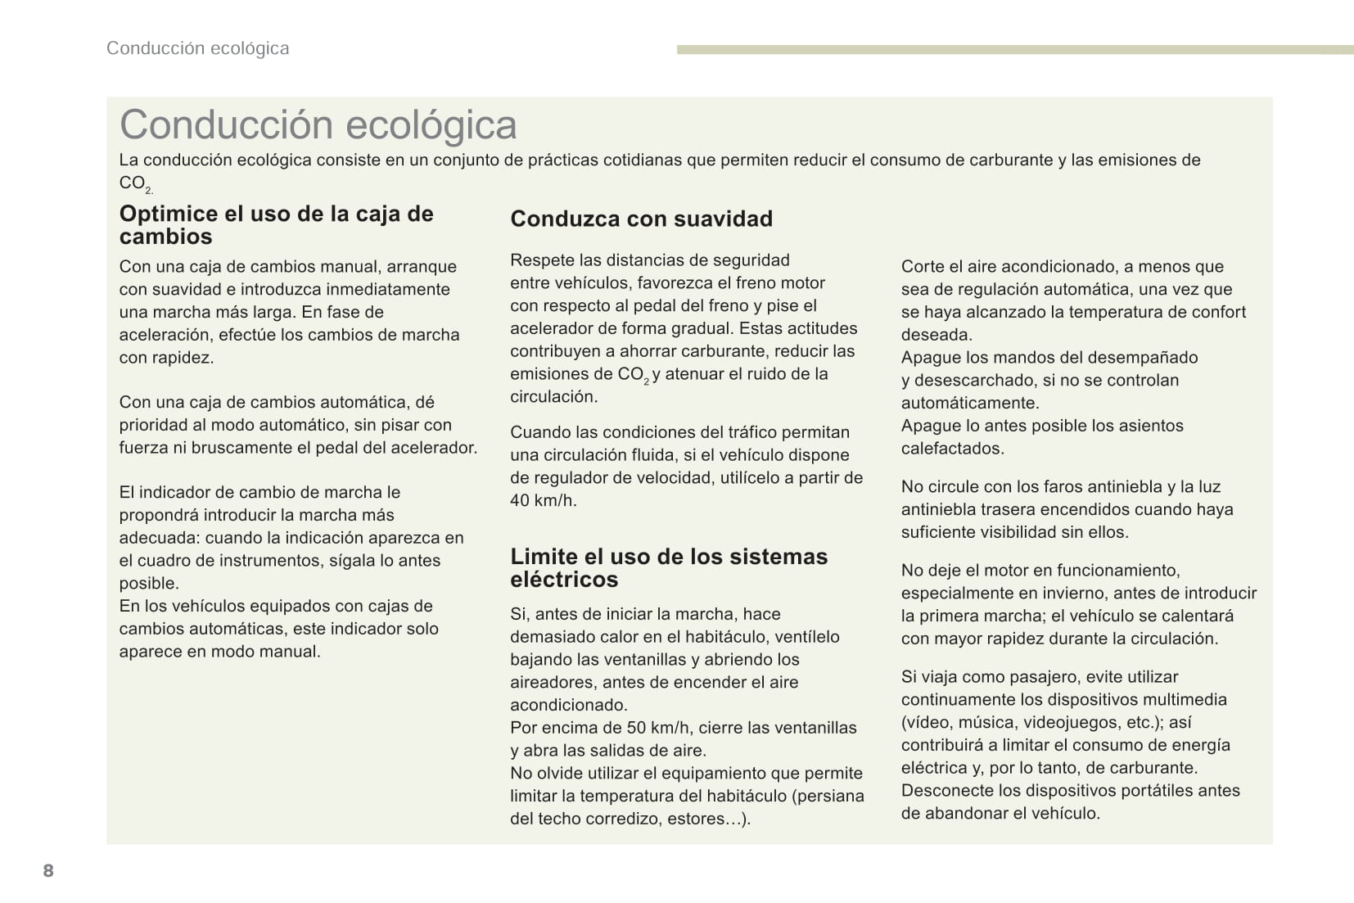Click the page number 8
(x=48, y=870)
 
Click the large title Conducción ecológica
(x=318, y=125)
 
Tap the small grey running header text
(x=197, y=48)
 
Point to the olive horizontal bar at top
(x=1014, y=50)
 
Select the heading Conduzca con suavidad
(x=641, y=219)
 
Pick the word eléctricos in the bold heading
(x=564, y=580)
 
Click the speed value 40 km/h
(x=542, y=500)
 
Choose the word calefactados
(x=952, y=448)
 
